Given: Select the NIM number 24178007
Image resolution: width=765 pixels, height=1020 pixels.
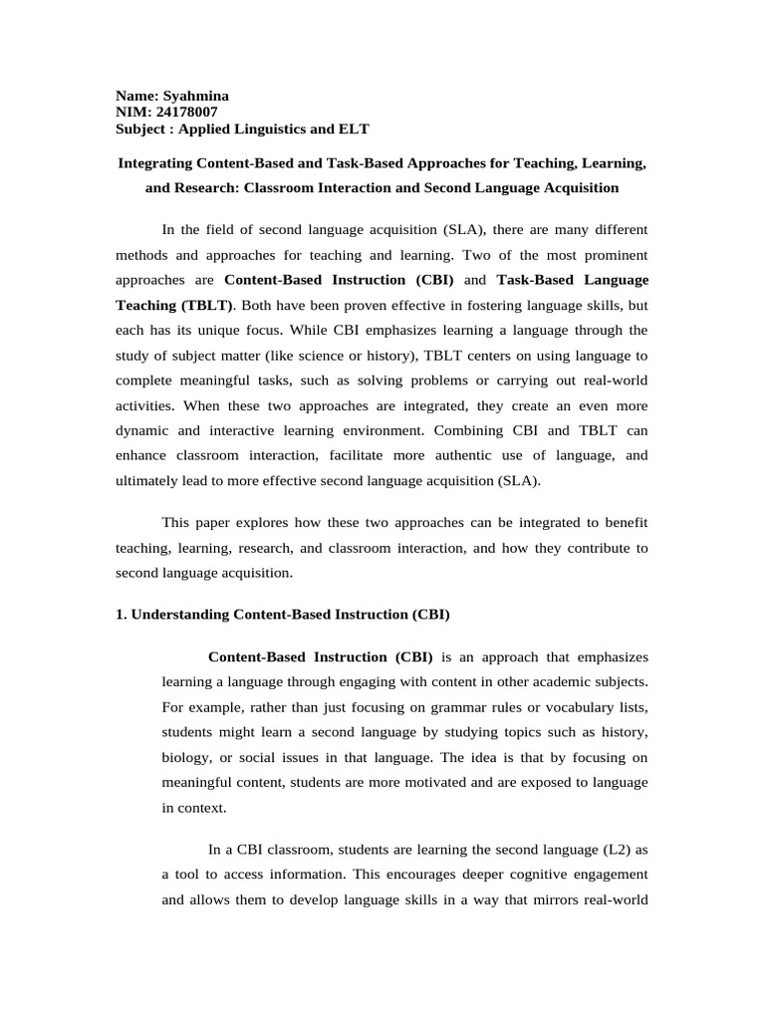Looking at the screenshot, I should pos(185,113).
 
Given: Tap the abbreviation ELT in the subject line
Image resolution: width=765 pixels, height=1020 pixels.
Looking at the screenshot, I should pos(356,128).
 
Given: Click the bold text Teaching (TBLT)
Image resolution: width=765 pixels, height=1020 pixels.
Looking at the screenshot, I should pos(174,305).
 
